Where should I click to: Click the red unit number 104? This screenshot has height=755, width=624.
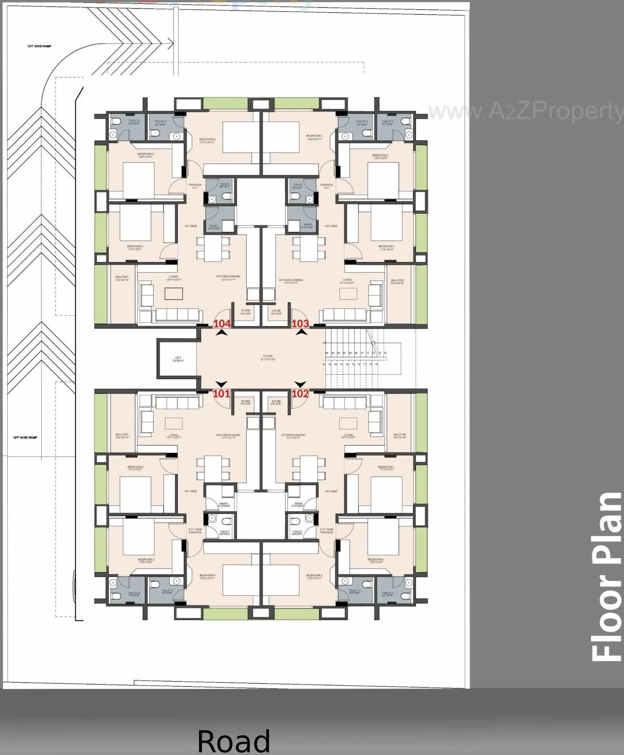click(x=222, y=324)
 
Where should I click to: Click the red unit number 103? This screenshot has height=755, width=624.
click(x=300, y=324)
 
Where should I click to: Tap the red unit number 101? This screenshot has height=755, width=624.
click(x=221, y=394)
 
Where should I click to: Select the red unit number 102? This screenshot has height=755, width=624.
click(x=300, y=394)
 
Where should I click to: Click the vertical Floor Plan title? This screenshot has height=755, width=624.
click(x=607, y=576)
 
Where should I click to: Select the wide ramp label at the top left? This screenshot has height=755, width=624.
click(x=39, y=46)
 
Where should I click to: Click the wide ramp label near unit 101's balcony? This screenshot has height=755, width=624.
click(x=25, y=438)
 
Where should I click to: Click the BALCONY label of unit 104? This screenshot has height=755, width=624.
click(x=122, y=278)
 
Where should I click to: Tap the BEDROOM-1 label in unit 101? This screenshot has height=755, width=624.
click(x=135, y=468)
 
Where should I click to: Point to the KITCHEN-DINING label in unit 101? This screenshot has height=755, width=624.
click(x=228, y=436)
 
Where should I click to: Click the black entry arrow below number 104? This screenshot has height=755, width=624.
click(x=222, y=333)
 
